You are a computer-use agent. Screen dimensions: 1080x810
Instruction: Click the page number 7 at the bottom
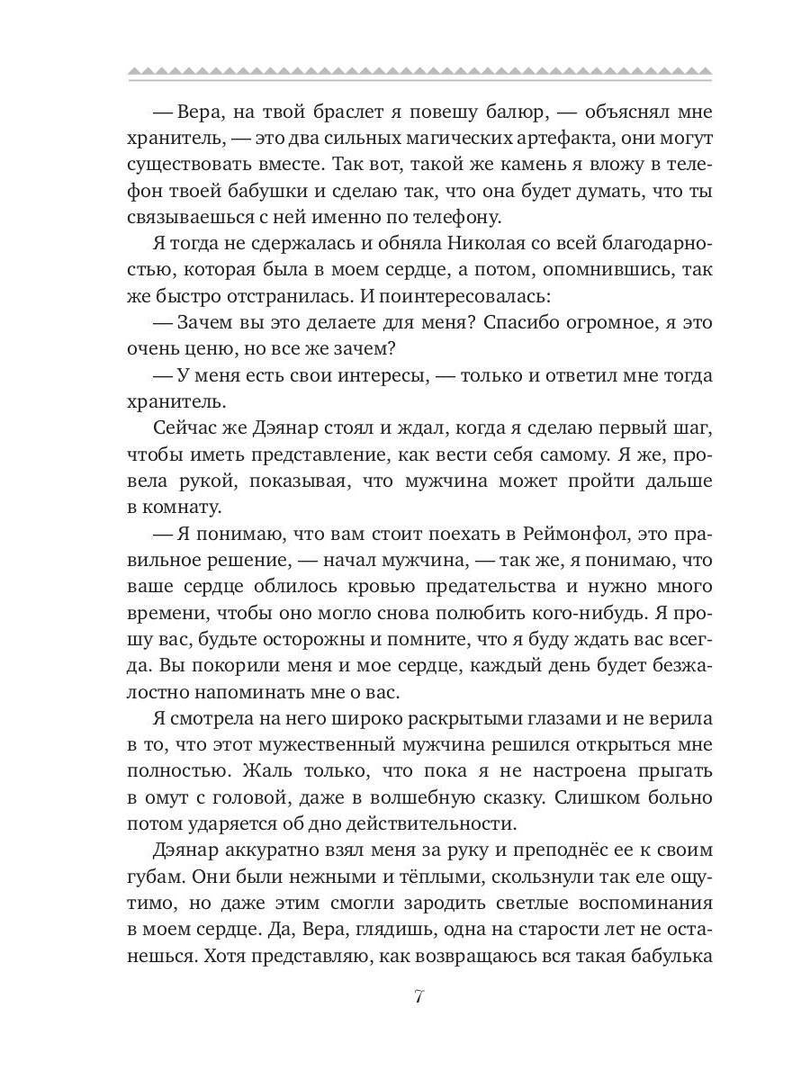pos(418,996)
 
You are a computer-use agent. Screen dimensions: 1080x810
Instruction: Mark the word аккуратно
pos(261,850)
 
